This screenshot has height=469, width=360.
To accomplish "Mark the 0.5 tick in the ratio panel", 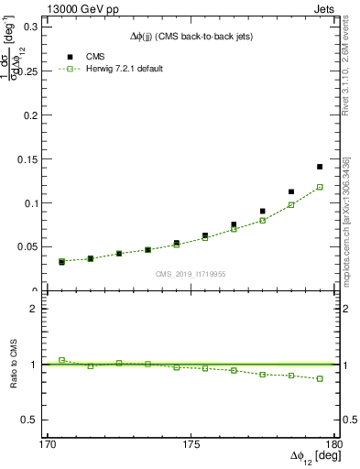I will pos(37,420).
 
